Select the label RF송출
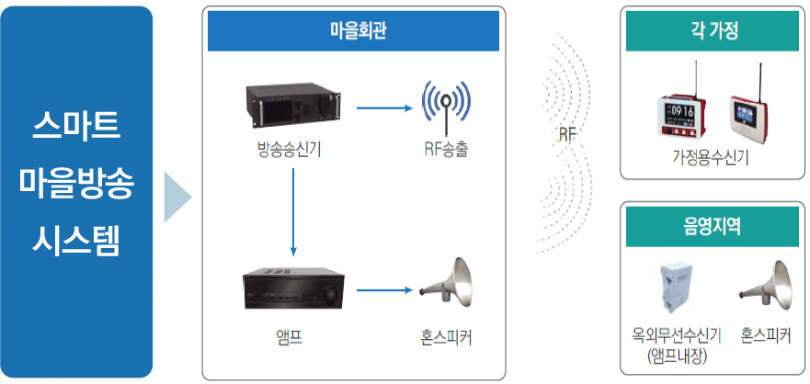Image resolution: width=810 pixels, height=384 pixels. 445,149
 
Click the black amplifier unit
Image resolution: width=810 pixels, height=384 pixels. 291,290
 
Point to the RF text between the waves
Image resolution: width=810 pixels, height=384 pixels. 566,134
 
